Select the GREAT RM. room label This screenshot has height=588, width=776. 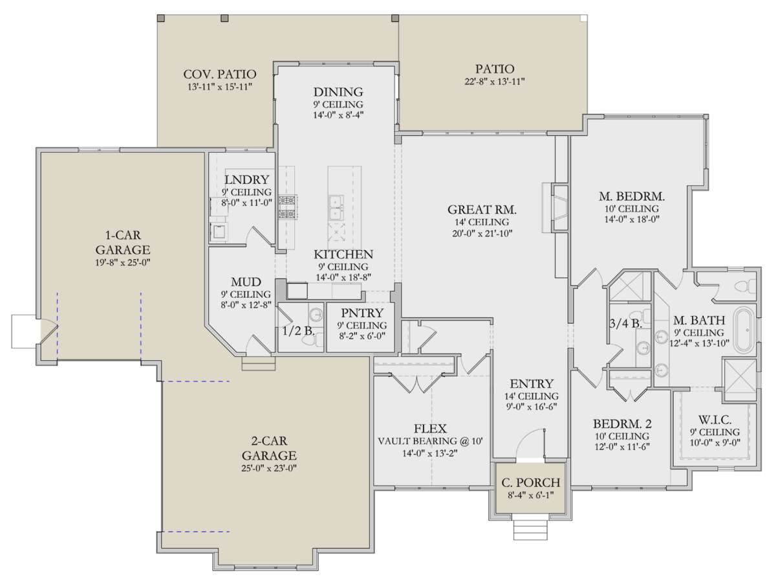[482, 210]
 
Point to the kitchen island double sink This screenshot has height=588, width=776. [335, 207]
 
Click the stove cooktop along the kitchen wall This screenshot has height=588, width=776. [286, 207]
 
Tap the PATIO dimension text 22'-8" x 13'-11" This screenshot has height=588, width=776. [494, 82]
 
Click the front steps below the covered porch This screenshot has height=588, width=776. [530, 527]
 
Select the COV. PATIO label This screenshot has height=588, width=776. [219, 74]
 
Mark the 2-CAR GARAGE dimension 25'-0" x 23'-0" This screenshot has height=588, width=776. [268, 468]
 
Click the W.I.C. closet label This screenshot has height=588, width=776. [715, 420]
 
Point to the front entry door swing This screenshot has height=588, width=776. [530, 445]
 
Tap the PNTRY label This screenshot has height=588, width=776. [362, 313]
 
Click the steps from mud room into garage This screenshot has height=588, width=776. [258, 363]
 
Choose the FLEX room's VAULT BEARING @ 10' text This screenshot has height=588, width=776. [430, 441]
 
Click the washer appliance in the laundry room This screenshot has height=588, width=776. [219, 232]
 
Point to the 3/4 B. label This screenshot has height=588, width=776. [625, 323]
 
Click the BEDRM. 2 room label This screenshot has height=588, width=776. [622, 424]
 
